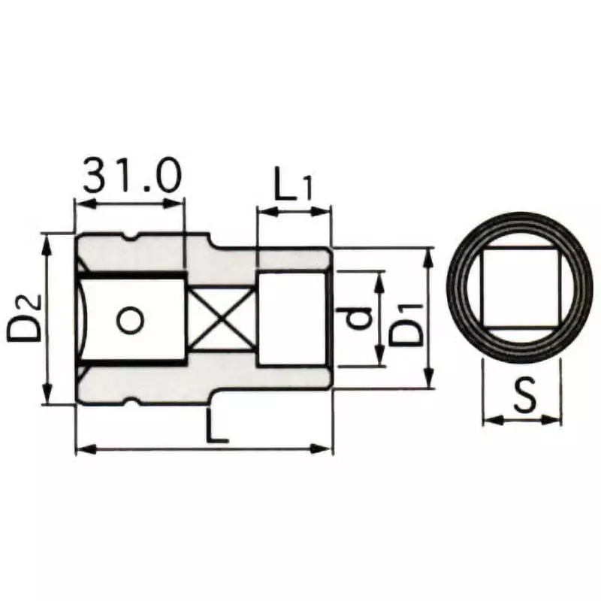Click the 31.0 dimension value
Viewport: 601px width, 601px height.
[131, 177]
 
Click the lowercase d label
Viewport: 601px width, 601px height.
[361, 319]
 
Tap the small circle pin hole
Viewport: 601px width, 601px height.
[130, 321]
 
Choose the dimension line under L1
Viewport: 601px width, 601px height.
[293, 213]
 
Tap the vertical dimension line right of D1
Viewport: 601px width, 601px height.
[428, 319]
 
